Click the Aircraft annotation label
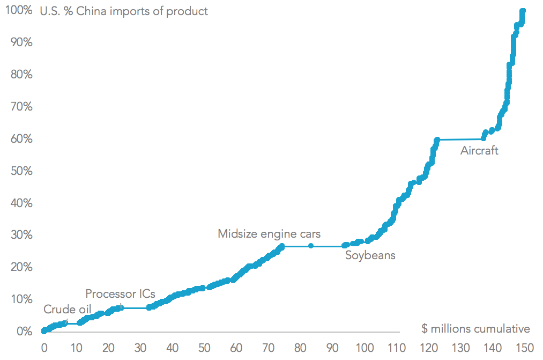click(479, 151)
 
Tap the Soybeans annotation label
click(370, 255)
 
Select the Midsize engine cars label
click(269, 234)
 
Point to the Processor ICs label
click(120, 294)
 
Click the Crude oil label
click(67, 310)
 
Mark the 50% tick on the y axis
click(21, 171)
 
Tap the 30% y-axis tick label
click(21, 235)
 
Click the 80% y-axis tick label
click(21, 75)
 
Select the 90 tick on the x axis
click(332, 347)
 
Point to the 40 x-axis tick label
click(172, 347)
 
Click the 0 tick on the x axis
click(44, 347)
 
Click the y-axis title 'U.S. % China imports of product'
click(124, 11)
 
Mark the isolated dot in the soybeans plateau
click(311, 246)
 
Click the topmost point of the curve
click(523, 11)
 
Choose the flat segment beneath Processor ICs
click(134, 308)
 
